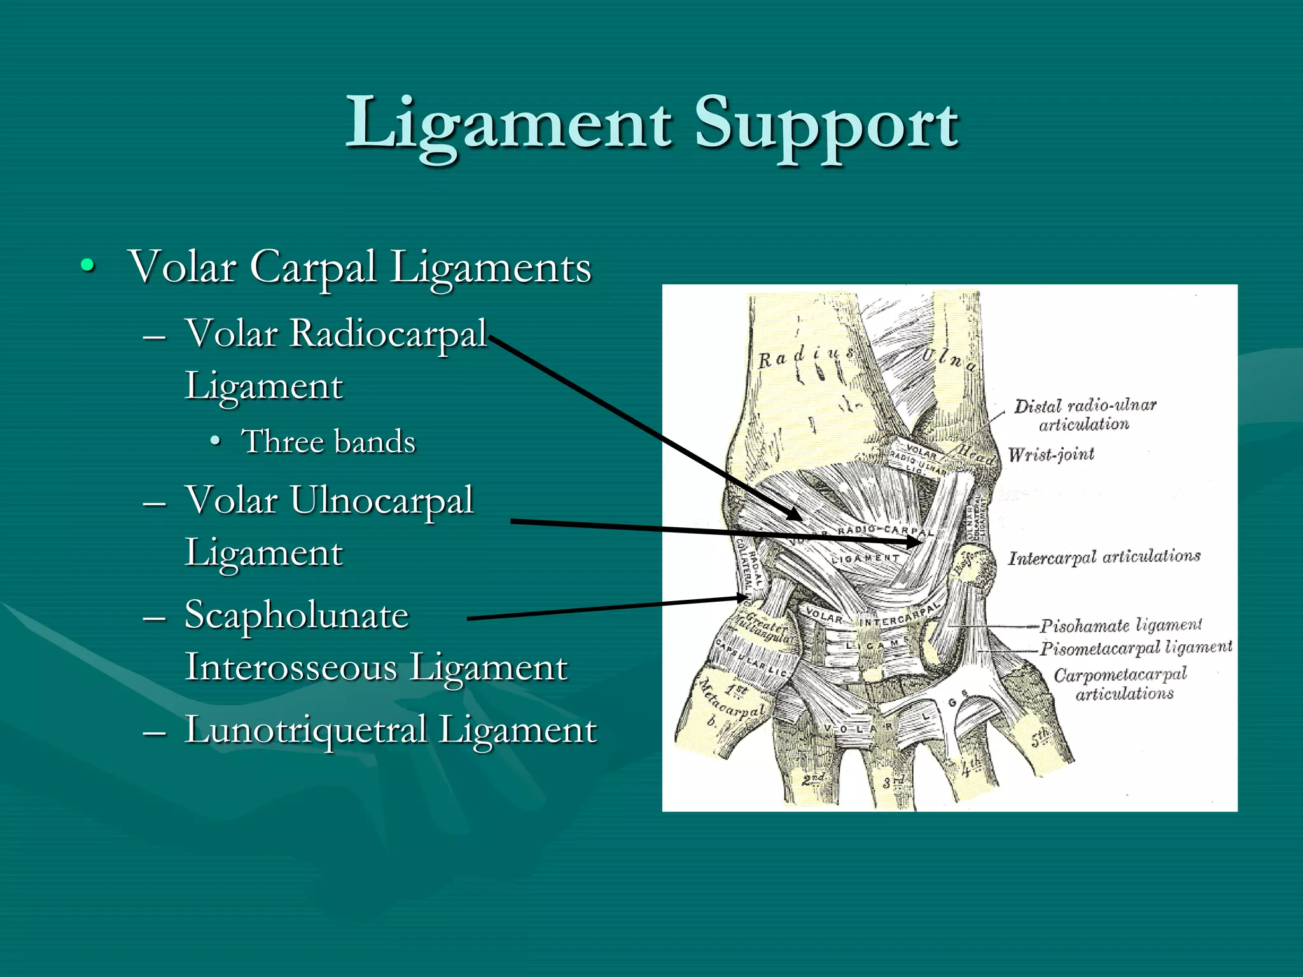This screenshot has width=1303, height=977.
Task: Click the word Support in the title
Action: (x=826, y=122)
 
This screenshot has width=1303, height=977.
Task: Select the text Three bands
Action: (x=328, y=441)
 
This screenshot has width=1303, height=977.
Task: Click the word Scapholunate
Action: (x=296, y=615)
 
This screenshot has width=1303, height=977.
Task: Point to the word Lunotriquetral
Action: (x=305, y=730)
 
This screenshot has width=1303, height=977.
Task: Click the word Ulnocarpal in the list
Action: (x=382, y=500)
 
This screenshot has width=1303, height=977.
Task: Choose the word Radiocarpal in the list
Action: (x=388, y=333)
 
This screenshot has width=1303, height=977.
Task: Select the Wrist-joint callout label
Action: (x=1051, y=454)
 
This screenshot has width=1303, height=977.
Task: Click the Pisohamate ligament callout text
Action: (x=1121, y=625)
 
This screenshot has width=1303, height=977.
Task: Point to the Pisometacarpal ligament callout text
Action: (x=1136, y=648)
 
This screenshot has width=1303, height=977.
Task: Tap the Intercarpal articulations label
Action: (x=1104, y=557)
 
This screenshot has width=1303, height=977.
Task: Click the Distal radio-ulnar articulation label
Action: (x=1085, y=415)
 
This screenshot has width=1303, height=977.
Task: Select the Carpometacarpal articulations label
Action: (x=1121, y=683)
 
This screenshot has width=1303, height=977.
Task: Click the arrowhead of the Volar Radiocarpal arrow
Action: (x=796, y=515)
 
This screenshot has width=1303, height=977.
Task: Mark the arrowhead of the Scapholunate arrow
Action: (x=744, y=597)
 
